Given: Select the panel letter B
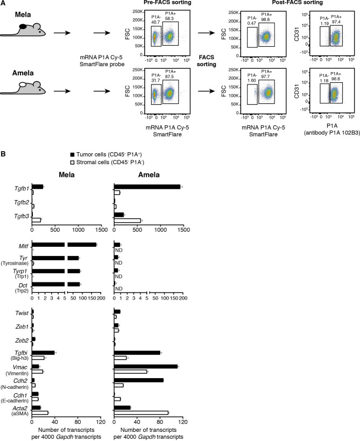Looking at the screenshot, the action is pyautogui.click(x=4, y=155).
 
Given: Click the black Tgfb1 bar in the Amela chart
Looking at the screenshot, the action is pyautogui.click(x=147, y=187).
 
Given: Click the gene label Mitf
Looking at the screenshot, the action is pyautogui.click(x=24, y=245).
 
